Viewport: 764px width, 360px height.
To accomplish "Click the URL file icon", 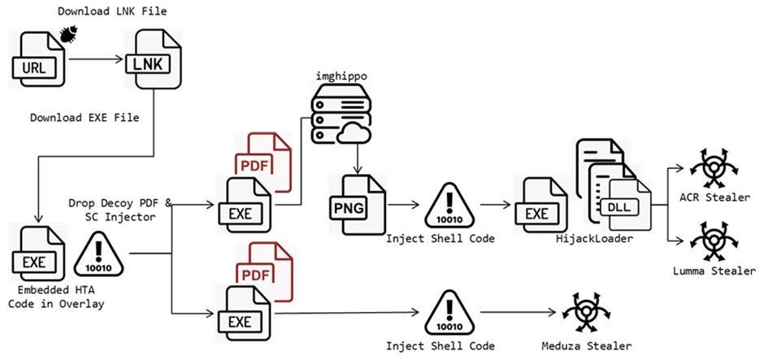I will [x=37, y=58].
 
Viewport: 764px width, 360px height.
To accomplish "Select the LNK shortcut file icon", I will [x=152, y=58].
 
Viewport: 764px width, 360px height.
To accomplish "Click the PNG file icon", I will [x=357, y=204].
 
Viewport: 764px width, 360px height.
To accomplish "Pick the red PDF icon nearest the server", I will [x=265, y=160].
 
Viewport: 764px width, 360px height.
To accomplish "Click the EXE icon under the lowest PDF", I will [x=241, y=312].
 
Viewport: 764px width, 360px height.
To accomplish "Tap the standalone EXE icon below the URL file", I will [x=39, y=254].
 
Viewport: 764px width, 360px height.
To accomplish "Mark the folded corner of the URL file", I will [x=55, y=37].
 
